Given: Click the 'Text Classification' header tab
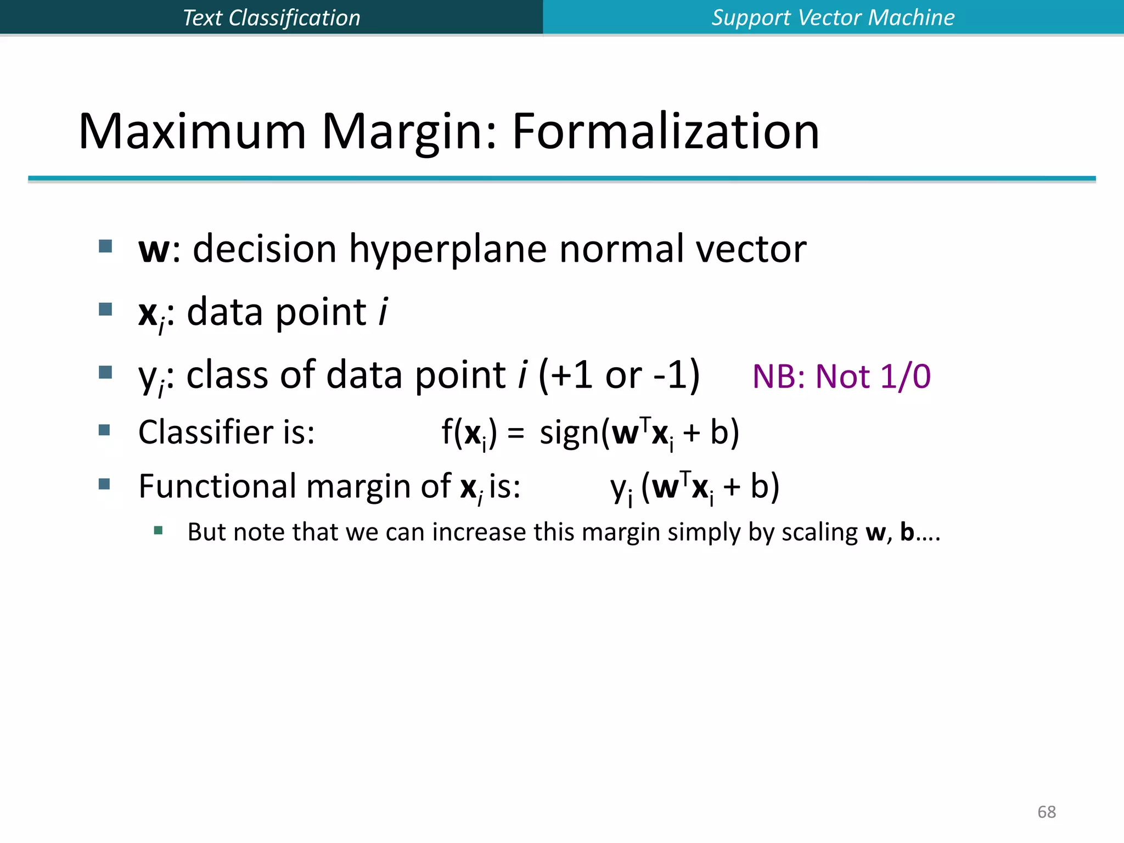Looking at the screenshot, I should click(271, 18).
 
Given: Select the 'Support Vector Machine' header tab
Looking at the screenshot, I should click(833, 18).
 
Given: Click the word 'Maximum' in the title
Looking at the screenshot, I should click(192, 132).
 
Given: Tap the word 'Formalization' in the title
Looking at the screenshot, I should click(665, 132).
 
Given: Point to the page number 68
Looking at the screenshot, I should click(1047, 812).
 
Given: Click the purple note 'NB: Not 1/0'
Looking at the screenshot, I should click(841, 377).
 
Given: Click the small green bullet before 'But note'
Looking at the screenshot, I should click(159, 530).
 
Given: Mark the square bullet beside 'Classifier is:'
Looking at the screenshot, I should click(104, 430).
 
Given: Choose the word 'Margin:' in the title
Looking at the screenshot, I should click(409, 132).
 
